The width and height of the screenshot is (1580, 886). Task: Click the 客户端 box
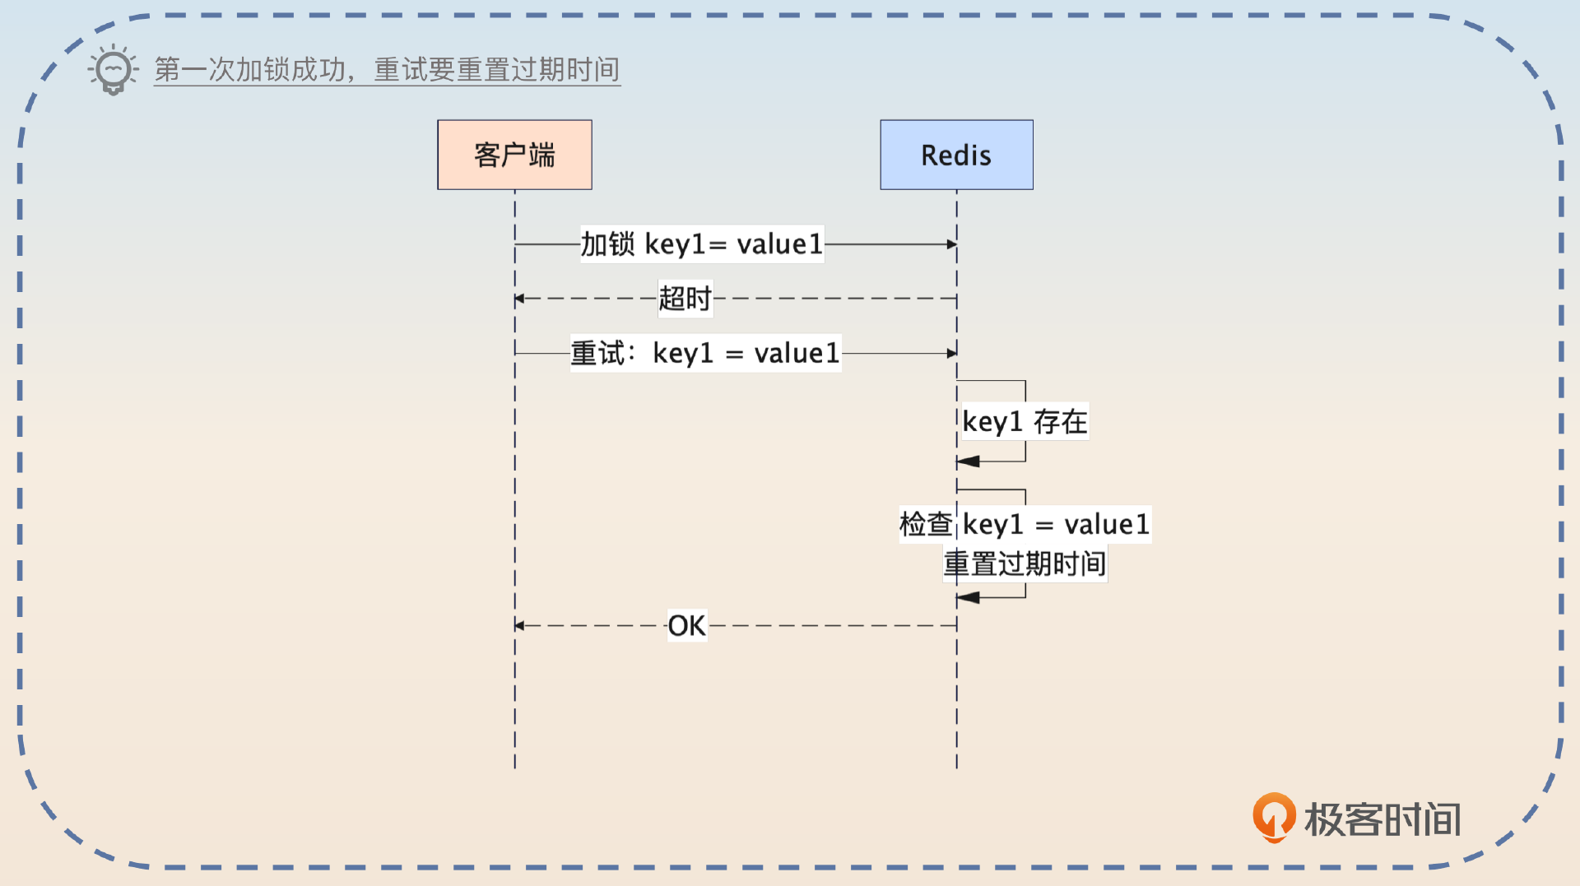pos(514,155)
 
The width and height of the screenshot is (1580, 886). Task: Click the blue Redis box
pos(956,155)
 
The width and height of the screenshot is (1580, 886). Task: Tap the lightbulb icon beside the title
pos(113,70)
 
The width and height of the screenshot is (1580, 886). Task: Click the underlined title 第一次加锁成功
pos(249,70)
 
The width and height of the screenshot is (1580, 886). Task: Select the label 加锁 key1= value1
pos(701,244)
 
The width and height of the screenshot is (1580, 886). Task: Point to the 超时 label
pos(685,299)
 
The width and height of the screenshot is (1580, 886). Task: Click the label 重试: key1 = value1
pos(705,354)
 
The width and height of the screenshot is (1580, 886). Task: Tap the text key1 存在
pos(1025,422)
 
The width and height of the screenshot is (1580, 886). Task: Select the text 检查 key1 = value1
pos(1025,524)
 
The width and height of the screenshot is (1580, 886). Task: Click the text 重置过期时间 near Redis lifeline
pos(1025,564)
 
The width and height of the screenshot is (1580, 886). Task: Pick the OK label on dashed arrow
pos(686,626)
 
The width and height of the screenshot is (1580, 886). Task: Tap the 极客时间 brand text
pos(1382,820)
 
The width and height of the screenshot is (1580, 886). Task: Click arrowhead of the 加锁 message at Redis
pos(951,244)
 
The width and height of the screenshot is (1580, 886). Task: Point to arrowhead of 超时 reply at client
pos(520,299)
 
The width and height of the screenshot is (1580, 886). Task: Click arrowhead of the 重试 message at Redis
pos(951,354)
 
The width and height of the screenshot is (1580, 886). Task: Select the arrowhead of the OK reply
pos(520,626)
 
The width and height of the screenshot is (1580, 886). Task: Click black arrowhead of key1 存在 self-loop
pos(969,462)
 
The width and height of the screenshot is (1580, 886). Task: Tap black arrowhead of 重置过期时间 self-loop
pos(969,597)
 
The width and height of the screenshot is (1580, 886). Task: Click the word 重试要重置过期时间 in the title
pos(496,70)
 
